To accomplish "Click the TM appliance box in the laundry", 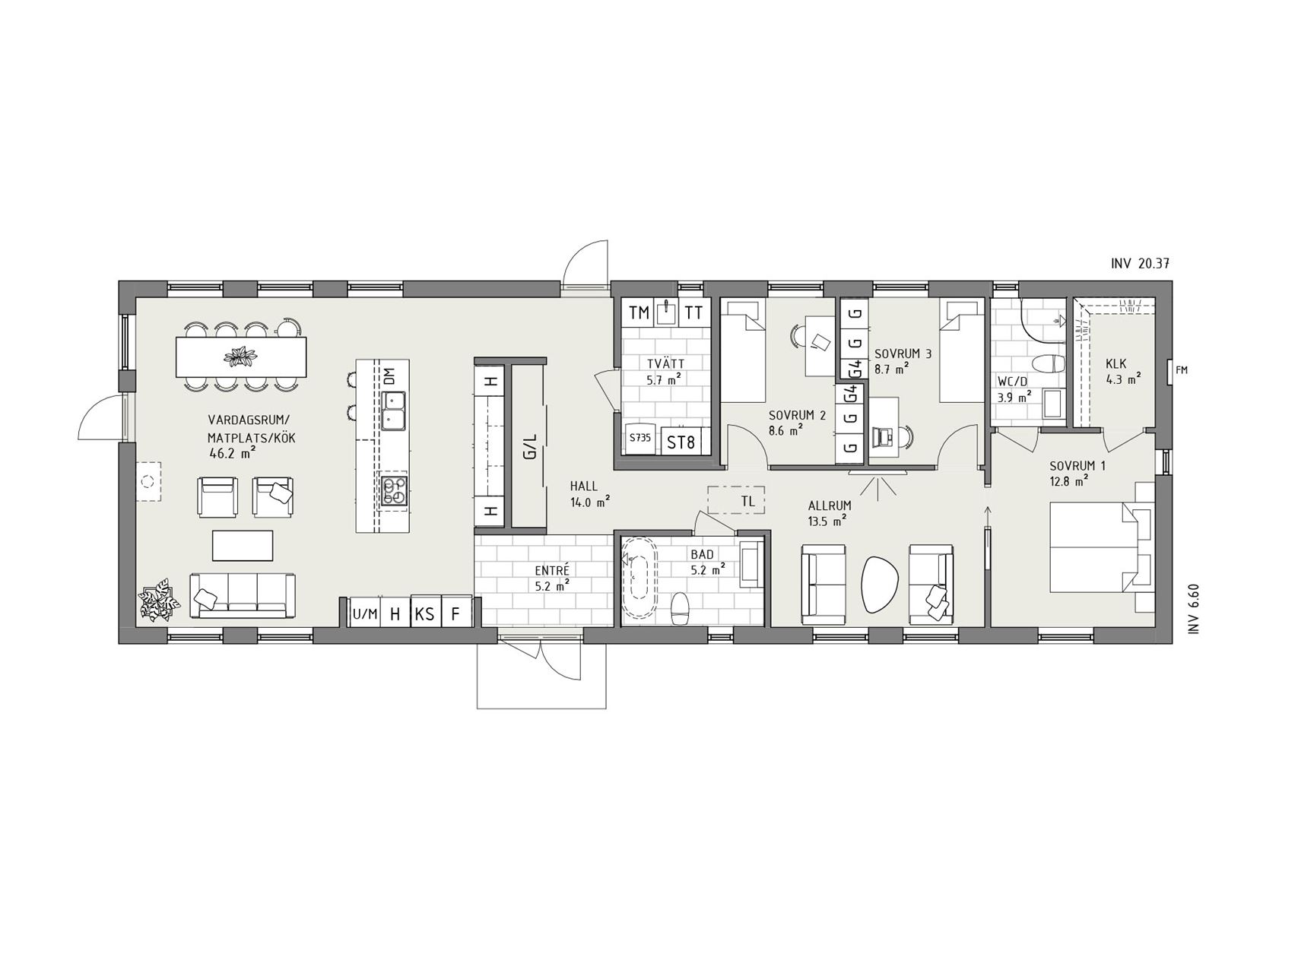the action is (x=639, y=312).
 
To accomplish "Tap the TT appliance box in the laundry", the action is (x=693, y=312).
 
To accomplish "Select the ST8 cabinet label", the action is (x=681, y=442).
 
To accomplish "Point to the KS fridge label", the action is (x=425, y=613).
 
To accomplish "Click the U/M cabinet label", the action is (x=365, y=614).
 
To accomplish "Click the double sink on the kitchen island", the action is (x=394, y=410).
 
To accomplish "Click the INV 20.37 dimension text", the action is (x=1140, y=264).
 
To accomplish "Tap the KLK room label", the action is (x=1116, y=363).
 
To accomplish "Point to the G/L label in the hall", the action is (x=530, y=446).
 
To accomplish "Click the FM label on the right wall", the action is (x=1181, y=370).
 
